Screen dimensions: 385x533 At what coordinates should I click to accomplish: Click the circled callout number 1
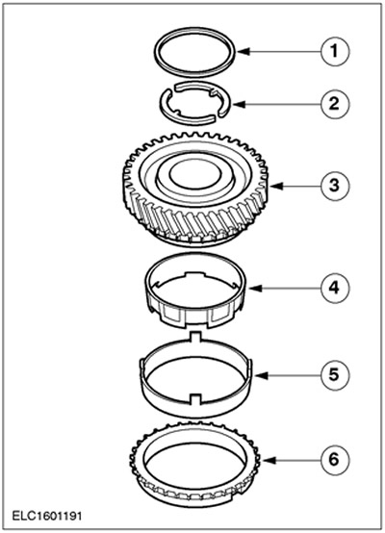[335, 52]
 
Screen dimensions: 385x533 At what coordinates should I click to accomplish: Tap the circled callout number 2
[335, 104]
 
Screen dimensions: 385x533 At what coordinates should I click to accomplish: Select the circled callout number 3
[335, 186]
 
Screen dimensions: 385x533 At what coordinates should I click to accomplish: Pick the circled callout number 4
[335, 289]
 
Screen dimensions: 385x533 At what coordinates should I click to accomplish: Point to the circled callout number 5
[335, 375]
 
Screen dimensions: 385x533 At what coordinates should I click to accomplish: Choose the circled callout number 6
[335, 460]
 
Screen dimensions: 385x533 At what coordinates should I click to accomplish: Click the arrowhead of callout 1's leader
[243, 52]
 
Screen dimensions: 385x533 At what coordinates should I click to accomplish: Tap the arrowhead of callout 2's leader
[239, 104]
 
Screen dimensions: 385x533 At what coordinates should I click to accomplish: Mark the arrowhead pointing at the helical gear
[276, 186]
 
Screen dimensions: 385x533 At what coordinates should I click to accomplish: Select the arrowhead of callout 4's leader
[255, 289]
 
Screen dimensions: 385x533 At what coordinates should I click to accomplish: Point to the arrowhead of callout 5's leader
[262, 375]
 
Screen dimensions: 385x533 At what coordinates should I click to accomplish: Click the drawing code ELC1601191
[47, 517]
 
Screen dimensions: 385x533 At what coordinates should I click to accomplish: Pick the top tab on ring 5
[194, 336]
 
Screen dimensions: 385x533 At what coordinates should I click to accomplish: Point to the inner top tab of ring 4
[194, 274]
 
